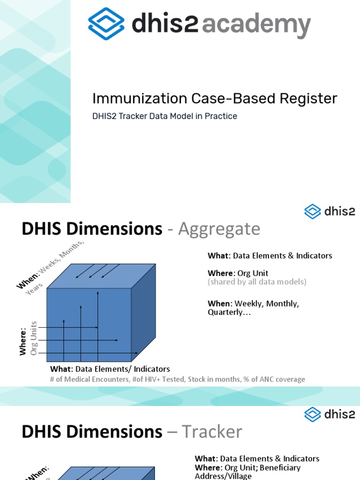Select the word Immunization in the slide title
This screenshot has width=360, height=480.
click(x=132, y=98)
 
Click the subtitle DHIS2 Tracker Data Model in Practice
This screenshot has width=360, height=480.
click(x=165, y=116)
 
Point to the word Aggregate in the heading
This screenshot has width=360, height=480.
click(x=219, y=229)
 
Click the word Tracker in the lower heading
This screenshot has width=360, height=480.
click(x=211, y=431)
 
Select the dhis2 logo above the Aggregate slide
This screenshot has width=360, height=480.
click(x=329, y=211)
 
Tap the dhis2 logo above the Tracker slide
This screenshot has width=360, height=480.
click(x=329, y=414)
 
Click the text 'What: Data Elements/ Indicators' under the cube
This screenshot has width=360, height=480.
click(x=110, y=369)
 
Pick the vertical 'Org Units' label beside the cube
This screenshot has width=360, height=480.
click(x=34, y=338)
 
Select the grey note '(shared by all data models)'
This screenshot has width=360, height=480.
click(x=257, y=282)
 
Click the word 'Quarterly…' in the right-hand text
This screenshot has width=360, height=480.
click(x=229, y=312)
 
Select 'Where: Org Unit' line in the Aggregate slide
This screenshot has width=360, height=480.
click(x=238, y=273)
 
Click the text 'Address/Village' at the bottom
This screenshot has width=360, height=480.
click(x=223, y=476)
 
